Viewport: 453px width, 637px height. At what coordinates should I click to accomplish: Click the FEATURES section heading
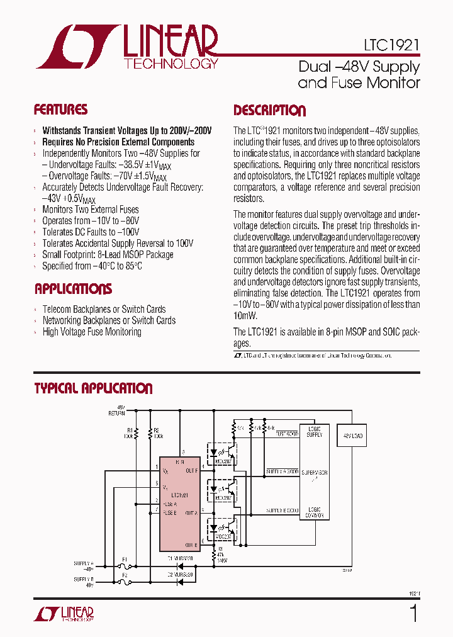(x=60, y=110)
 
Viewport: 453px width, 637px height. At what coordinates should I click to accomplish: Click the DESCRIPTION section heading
(x=269, y=111)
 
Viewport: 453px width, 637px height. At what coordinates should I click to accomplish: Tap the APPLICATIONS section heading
(x=73, y=290)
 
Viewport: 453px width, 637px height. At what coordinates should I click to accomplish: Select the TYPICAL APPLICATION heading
(x=93, y=388)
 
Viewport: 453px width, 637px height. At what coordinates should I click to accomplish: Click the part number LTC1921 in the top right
(x=391, y=45)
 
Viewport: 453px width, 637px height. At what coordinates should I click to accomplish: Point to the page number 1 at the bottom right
(x=413, y=612)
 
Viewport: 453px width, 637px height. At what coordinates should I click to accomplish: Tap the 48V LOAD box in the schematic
(x=353, y=436)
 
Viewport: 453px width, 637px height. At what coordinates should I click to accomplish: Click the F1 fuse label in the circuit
(x=125, y=558)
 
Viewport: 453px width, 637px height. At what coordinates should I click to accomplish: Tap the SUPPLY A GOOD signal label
(x=282, y=471)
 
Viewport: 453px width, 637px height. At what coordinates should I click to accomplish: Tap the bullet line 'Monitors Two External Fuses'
(x=91, y=210)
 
